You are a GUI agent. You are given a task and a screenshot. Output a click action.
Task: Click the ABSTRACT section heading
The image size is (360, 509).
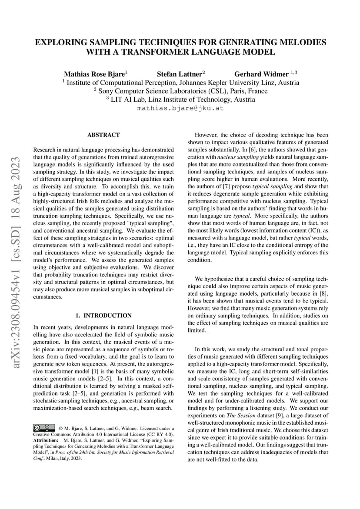(x=103, y=135)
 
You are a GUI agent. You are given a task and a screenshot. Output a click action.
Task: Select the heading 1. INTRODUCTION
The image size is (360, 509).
(x=103, y=316)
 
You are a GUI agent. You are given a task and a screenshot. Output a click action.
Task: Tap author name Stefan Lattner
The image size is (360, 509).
(x=180, y=74)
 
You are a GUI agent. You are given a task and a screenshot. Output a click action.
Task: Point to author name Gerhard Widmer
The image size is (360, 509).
(x=261, y=74)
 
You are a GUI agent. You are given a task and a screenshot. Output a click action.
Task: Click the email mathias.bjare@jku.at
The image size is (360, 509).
(x=180, y=108)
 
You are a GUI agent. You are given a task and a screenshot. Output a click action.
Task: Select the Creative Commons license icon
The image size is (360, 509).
(x=44, y=427)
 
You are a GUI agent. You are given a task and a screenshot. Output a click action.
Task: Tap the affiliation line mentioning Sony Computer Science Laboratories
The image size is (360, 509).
(x=180, y=91)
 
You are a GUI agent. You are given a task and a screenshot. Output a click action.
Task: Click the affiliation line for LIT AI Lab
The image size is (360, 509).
(x=180, y=100)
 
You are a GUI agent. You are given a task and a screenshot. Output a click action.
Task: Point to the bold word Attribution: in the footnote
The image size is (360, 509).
(x=46, y=440)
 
